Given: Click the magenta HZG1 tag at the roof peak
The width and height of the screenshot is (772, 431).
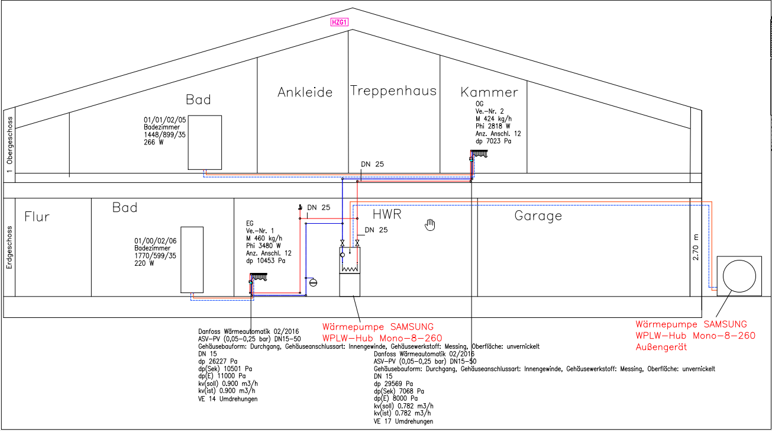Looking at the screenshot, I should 339,23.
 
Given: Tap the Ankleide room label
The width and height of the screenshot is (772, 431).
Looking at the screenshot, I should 305,92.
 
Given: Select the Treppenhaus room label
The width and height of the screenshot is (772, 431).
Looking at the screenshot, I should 393,91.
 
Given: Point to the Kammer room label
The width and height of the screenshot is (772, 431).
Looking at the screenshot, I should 489,92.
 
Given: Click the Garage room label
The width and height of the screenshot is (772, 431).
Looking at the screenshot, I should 538,215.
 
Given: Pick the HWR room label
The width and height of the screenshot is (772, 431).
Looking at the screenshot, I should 387,214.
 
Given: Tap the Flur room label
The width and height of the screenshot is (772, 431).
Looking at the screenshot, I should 37,217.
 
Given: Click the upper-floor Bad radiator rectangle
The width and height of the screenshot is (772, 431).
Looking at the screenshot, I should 205,142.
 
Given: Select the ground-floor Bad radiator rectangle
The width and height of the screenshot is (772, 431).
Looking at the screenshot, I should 192,259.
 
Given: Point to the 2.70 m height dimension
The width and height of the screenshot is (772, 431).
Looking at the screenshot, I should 695,247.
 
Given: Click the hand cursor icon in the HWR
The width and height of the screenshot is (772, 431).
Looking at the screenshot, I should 431,224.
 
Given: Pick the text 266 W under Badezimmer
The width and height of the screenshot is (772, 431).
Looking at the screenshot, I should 154,142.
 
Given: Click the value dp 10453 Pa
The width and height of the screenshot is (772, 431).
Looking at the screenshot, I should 266,260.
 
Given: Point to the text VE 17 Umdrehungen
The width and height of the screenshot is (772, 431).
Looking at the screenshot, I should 403,422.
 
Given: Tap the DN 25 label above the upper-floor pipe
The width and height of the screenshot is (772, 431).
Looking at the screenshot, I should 373,164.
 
